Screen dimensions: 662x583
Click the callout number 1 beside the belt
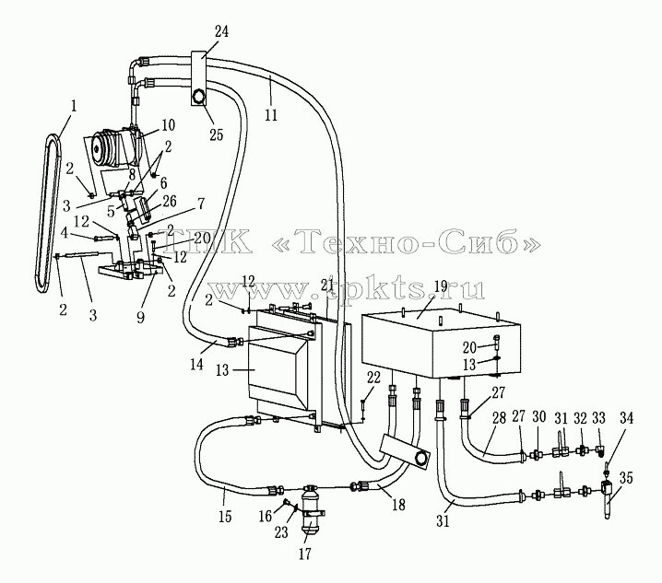point(74,106)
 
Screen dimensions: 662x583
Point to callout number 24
point(221,31)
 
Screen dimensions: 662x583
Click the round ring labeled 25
point(198,98)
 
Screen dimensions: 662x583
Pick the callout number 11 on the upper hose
point(271,114)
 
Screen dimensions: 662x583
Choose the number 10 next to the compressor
point(168,125)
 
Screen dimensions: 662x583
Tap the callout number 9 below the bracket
point(140,317)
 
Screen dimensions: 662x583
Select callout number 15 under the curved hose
point(226,517)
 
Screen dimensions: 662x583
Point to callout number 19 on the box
point(441,286)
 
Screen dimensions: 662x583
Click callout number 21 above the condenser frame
point(327,286)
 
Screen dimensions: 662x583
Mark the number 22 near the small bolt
point(373,378)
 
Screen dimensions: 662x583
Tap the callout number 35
point(627,478)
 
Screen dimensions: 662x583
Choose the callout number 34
point(627,418)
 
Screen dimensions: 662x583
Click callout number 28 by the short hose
point(499,418)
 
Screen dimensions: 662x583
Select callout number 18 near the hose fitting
point(398,505)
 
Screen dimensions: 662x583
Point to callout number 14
point(196,365)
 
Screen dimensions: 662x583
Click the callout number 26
point(170,201)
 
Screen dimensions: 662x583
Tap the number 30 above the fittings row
point(538,417)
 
